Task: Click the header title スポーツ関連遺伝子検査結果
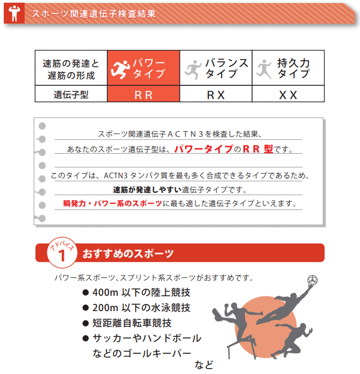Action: pos(94,14)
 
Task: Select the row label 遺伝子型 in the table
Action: pos(71,94)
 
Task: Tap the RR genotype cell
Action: pos(143,95)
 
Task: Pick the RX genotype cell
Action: pos(216,95)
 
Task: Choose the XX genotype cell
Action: pos(288,95)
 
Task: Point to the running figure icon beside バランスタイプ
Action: pos(192,68)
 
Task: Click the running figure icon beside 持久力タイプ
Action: pos(264,68)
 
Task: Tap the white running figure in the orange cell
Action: pos(120,68)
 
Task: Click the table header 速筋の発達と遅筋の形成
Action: pos(71,68)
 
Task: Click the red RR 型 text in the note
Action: pos(260,149)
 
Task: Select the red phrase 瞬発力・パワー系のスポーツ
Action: pos(112,204)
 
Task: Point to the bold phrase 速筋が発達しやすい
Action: pos(147,190)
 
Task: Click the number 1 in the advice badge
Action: pos(62,255)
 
